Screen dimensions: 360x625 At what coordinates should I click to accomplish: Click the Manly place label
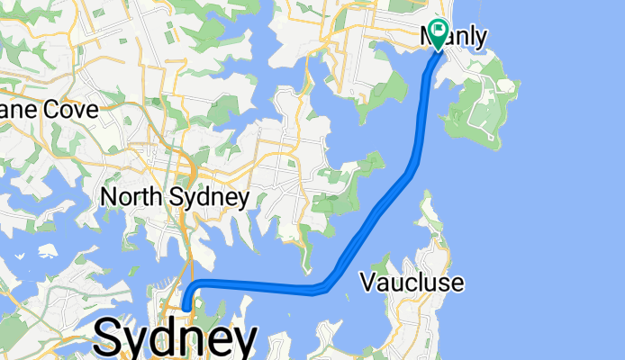[x=455, y=38]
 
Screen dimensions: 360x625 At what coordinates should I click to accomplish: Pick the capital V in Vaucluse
[x=367, y=283]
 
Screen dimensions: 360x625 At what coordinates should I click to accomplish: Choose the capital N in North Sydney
[x=107, y=197]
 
